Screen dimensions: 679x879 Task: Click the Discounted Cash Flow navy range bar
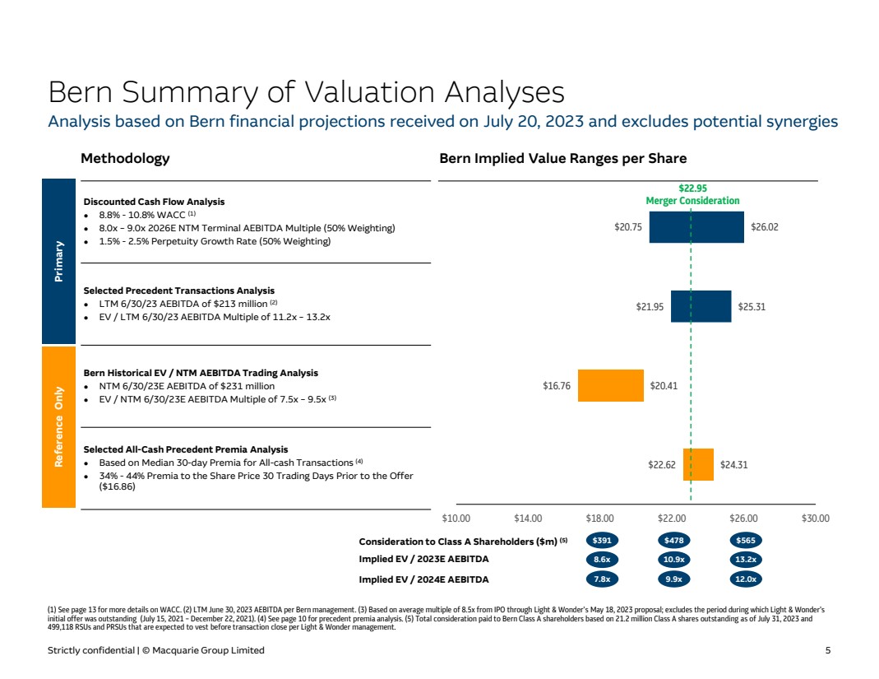[696, 227]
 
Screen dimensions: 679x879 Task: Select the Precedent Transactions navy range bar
[701, 306]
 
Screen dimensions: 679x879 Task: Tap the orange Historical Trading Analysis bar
[611, 385]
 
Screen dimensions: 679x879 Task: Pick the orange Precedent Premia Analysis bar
[698, 464]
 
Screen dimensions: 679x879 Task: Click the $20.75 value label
[629, 227]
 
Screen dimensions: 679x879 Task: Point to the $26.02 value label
[765, 227]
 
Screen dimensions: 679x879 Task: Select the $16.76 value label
[557, 385]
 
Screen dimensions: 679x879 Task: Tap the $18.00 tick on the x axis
[599, 519]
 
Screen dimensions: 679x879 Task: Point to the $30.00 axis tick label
[815, 519]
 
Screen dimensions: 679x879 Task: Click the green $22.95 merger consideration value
[692, 188]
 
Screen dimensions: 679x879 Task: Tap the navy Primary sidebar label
[58, 261]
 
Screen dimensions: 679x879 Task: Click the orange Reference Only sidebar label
[58, 426]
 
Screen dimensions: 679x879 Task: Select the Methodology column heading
[125, 158]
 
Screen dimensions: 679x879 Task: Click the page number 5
[828, 650]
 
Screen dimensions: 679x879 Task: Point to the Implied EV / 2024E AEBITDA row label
[423, 579]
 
